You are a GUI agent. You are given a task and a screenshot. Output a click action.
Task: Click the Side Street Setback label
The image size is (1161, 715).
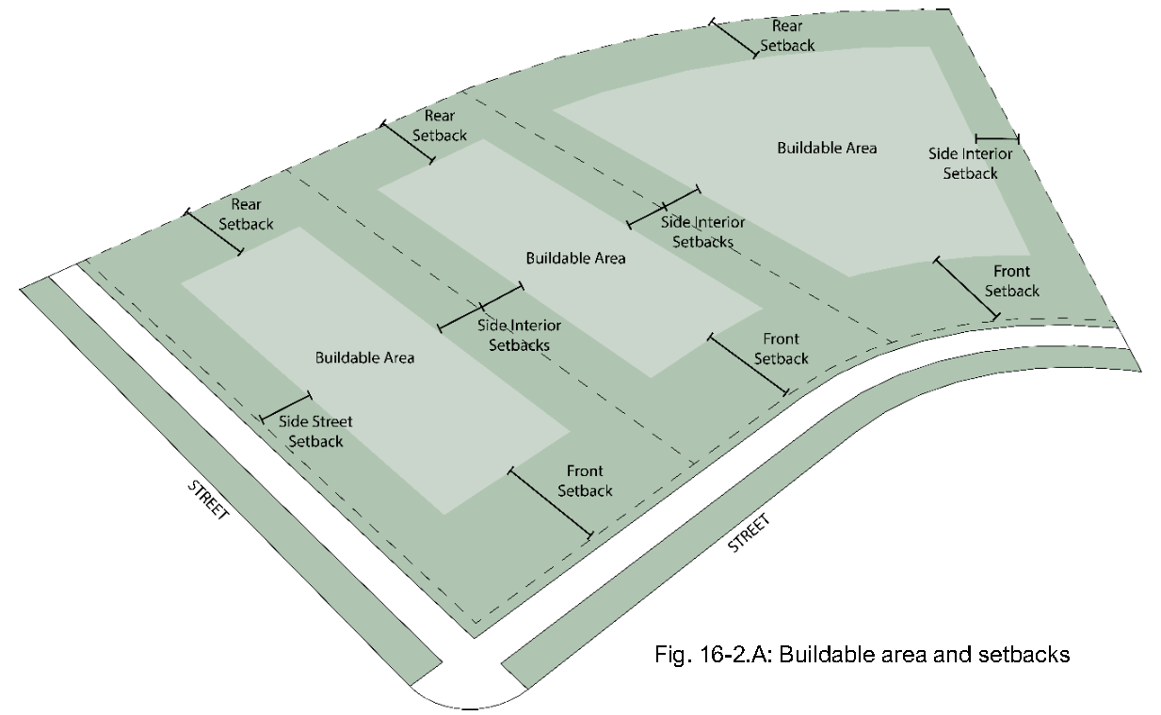point(315,432)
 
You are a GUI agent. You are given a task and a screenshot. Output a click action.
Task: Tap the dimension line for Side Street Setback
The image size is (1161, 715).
point(285,406)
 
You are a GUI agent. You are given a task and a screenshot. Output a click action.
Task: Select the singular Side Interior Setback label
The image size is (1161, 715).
point(971,164)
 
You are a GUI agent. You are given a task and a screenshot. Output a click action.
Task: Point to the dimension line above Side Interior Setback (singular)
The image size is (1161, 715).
point(996,139)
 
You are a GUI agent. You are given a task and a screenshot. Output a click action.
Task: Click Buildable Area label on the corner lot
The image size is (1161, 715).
point(364,357)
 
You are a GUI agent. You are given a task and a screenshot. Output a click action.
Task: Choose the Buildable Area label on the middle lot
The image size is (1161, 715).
point(575,258)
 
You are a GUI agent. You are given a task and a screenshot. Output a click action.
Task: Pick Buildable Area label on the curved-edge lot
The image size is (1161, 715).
point(827,148)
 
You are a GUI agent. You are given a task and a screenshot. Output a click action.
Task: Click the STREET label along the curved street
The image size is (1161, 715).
point(750,532)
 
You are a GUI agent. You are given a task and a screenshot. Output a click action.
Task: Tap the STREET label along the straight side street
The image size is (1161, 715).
point(208,500)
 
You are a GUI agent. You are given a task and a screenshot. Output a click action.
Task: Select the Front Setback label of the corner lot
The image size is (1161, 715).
point(585,481)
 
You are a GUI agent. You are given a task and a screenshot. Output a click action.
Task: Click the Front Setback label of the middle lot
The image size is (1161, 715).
point(781,349)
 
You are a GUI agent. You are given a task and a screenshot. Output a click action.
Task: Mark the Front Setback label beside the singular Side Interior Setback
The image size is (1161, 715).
point(1012,281)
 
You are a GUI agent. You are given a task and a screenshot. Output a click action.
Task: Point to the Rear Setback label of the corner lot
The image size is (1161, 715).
point(246,214)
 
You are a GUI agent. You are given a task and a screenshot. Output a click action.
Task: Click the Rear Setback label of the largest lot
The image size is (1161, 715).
point(787,35)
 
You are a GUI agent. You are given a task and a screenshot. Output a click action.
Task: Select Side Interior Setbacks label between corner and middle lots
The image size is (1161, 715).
point(519,335)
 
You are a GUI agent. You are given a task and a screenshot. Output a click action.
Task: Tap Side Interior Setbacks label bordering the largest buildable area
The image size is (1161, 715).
point(702,231)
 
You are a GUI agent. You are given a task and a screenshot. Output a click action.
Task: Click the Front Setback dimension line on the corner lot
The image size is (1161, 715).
point(550,502)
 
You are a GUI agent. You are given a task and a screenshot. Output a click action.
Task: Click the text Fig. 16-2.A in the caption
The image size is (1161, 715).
point(711,655)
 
